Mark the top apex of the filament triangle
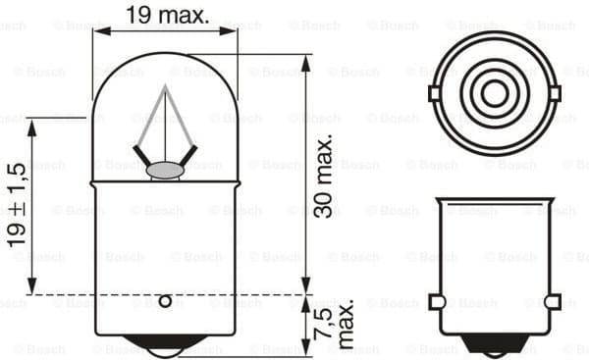tap(165, 86)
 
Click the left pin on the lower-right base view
tap(438, 301)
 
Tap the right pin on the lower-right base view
tap(553, 301)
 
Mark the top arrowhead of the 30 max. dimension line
tap(304, 60)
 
